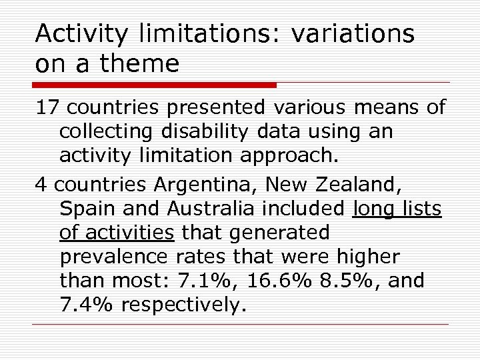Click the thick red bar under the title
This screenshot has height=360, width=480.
(x=154, y=85)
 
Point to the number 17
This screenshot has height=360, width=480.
(x=48, y=107)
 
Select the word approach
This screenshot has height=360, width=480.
(x=287, y=157)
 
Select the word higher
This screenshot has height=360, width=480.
(x=366, y=257)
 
